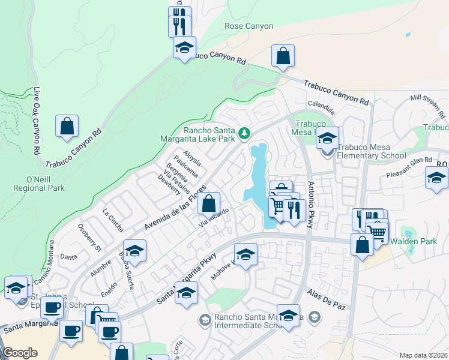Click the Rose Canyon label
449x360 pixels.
tap(249, 26)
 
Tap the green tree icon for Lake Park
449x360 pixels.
tap(244, 133)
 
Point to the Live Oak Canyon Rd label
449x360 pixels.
tap(37, 119)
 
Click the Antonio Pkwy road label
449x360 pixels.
tap(310, 205)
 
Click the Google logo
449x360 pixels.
tap(20, 353)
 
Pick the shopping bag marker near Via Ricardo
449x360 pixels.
tap(209, 203)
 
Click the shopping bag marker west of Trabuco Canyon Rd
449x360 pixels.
tap(67, 126)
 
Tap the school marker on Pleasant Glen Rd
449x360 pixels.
tap(436, 178)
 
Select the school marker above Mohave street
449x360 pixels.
tap(246, 254)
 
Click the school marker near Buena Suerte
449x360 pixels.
tap(135, 251)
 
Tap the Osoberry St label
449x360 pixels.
tap(90, 238)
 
